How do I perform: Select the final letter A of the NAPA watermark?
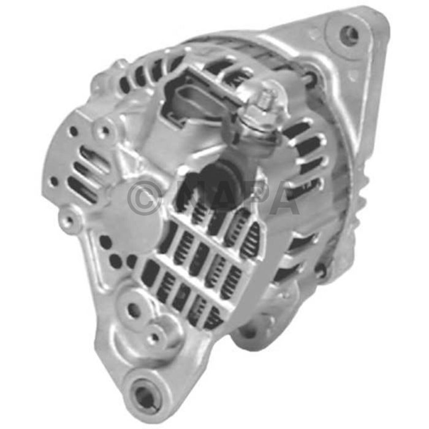click(x=283, y=197)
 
